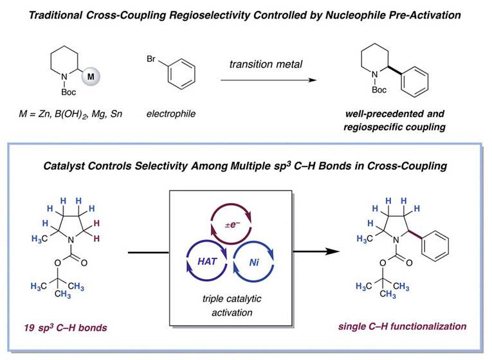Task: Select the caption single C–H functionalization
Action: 403,327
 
